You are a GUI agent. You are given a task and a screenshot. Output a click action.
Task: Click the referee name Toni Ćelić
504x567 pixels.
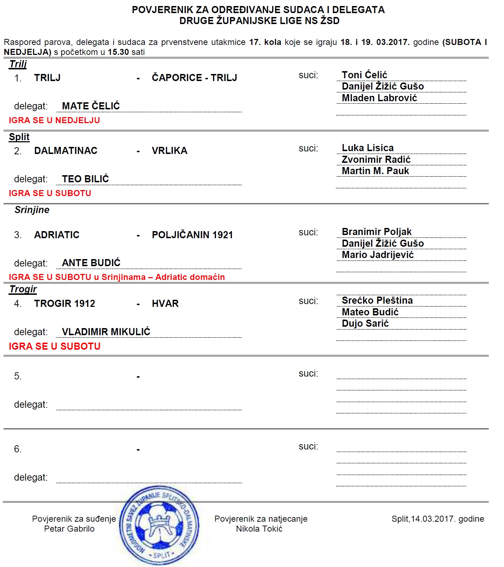click(x=364, y=75)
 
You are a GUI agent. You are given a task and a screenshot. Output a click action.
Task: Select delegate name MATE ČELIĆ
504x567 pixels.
click(x=91, y=106)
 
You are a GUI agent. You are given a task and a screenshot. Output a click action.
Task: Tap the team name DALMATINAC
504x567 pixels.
click(x=65, y=151)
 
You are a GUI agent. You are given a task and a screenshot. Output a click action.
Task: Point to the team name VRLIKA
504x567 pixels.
click(x=170, y=151)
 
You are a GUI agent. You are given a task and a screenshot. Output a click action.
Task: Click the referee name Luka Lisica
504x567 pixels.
click(x=367, y=148)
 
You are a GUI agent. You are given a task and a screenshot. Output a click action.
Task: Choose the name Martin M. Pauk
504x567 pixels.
click(x=375, y=171)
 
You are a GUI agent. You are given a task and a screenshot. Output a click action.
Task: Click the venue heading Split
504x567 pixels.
click(x=19, y=137)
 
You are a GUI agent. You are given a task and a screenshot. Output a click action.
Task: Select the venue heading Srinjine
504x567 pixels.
click(x=32, y=210)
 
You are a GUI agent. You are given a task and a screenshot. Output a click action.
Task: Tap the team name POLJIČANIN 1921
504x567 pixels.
click(x=192, y=235)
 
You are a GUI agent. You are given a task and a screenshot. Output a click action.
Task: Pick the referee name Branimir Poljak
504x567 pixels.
click(x=377, y=232)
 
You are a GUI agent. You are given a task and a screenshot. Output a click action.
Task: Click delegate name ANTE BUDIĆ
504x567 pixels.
click(x=91, y=263)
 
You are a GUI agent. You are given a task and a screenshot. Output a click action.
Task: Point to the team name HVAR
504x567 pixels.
click(x=165, y=304)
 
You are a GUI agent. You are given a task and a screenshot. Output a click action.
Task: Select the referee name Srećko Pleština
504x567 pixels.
click(x=377, y=300)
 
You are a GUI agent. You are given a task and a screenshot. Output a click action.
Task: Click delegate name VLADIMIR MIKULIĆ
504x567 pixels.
click(x=106, y=332)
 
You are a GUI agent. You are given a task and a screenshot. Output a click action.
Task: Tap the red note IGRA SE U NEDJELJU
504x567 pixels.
click(x=54, y=120)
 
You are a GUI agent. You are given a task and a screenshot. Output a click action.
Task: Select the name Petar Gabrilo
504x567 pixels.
click(x=69, y=529)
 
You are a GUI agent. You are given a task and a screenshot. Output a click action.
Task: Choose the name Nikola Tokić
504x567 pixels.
click(x=259, y=529)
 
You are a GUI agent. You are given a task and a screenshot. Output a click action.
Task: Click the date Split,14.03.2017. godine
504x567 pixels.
click(x=437, y=519)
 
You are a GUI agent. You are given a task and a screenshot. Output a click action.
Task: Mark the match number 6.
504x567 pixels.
click(x=18, y=449)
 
